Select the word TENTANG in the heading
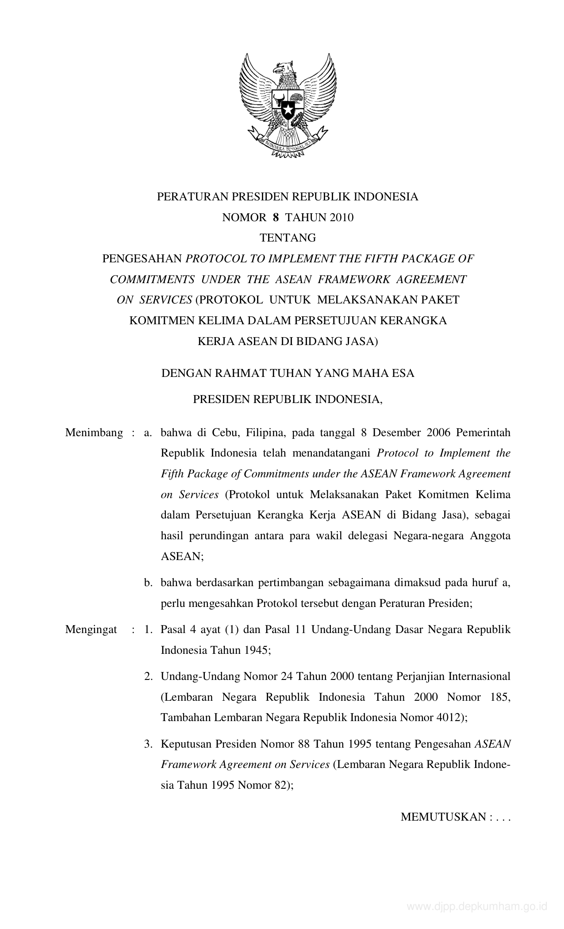288,238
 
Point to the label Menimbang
94,433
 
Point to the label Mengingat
91,630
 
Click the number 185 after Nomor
500,697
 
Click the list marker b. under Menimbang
148,583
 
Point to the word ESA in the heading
403,373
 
